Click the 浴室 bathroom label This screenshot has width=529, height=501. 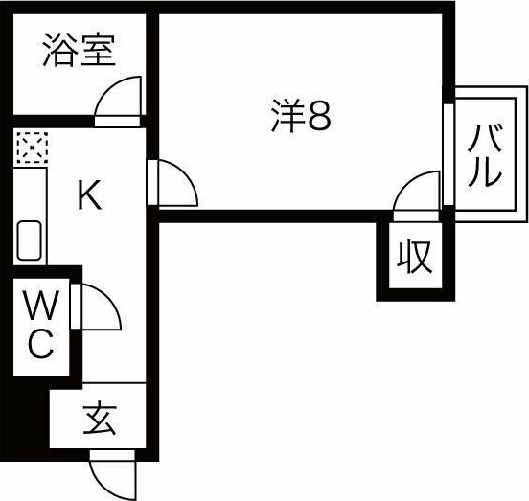(x=80, y=50)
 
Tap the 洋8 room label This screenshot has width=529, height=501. (x=301, y=116)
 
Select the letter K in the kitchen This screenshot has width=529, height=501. (x=89, y=194)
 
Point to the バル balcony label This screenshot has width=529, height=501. (x=485, y=155)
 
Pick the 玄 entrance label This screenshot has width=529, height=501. (x=100, y=418)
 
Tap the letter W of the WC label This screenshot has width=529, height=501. (x=42, y=306)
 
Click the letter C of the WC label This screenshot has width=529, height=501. (x=41, y=344)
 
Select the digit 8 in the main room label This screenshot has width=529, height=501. (x=319, y=116)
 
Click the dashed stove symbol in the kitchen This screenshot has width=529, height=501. (x=32, y=148)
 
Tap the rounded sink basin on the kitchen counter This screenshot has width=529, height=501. (x=30, y=240)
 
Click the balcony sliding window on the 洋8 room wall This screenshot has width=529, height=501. (x=448, y=154)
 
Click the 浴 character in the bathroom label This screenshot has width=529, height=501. (x=59, y=50)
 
